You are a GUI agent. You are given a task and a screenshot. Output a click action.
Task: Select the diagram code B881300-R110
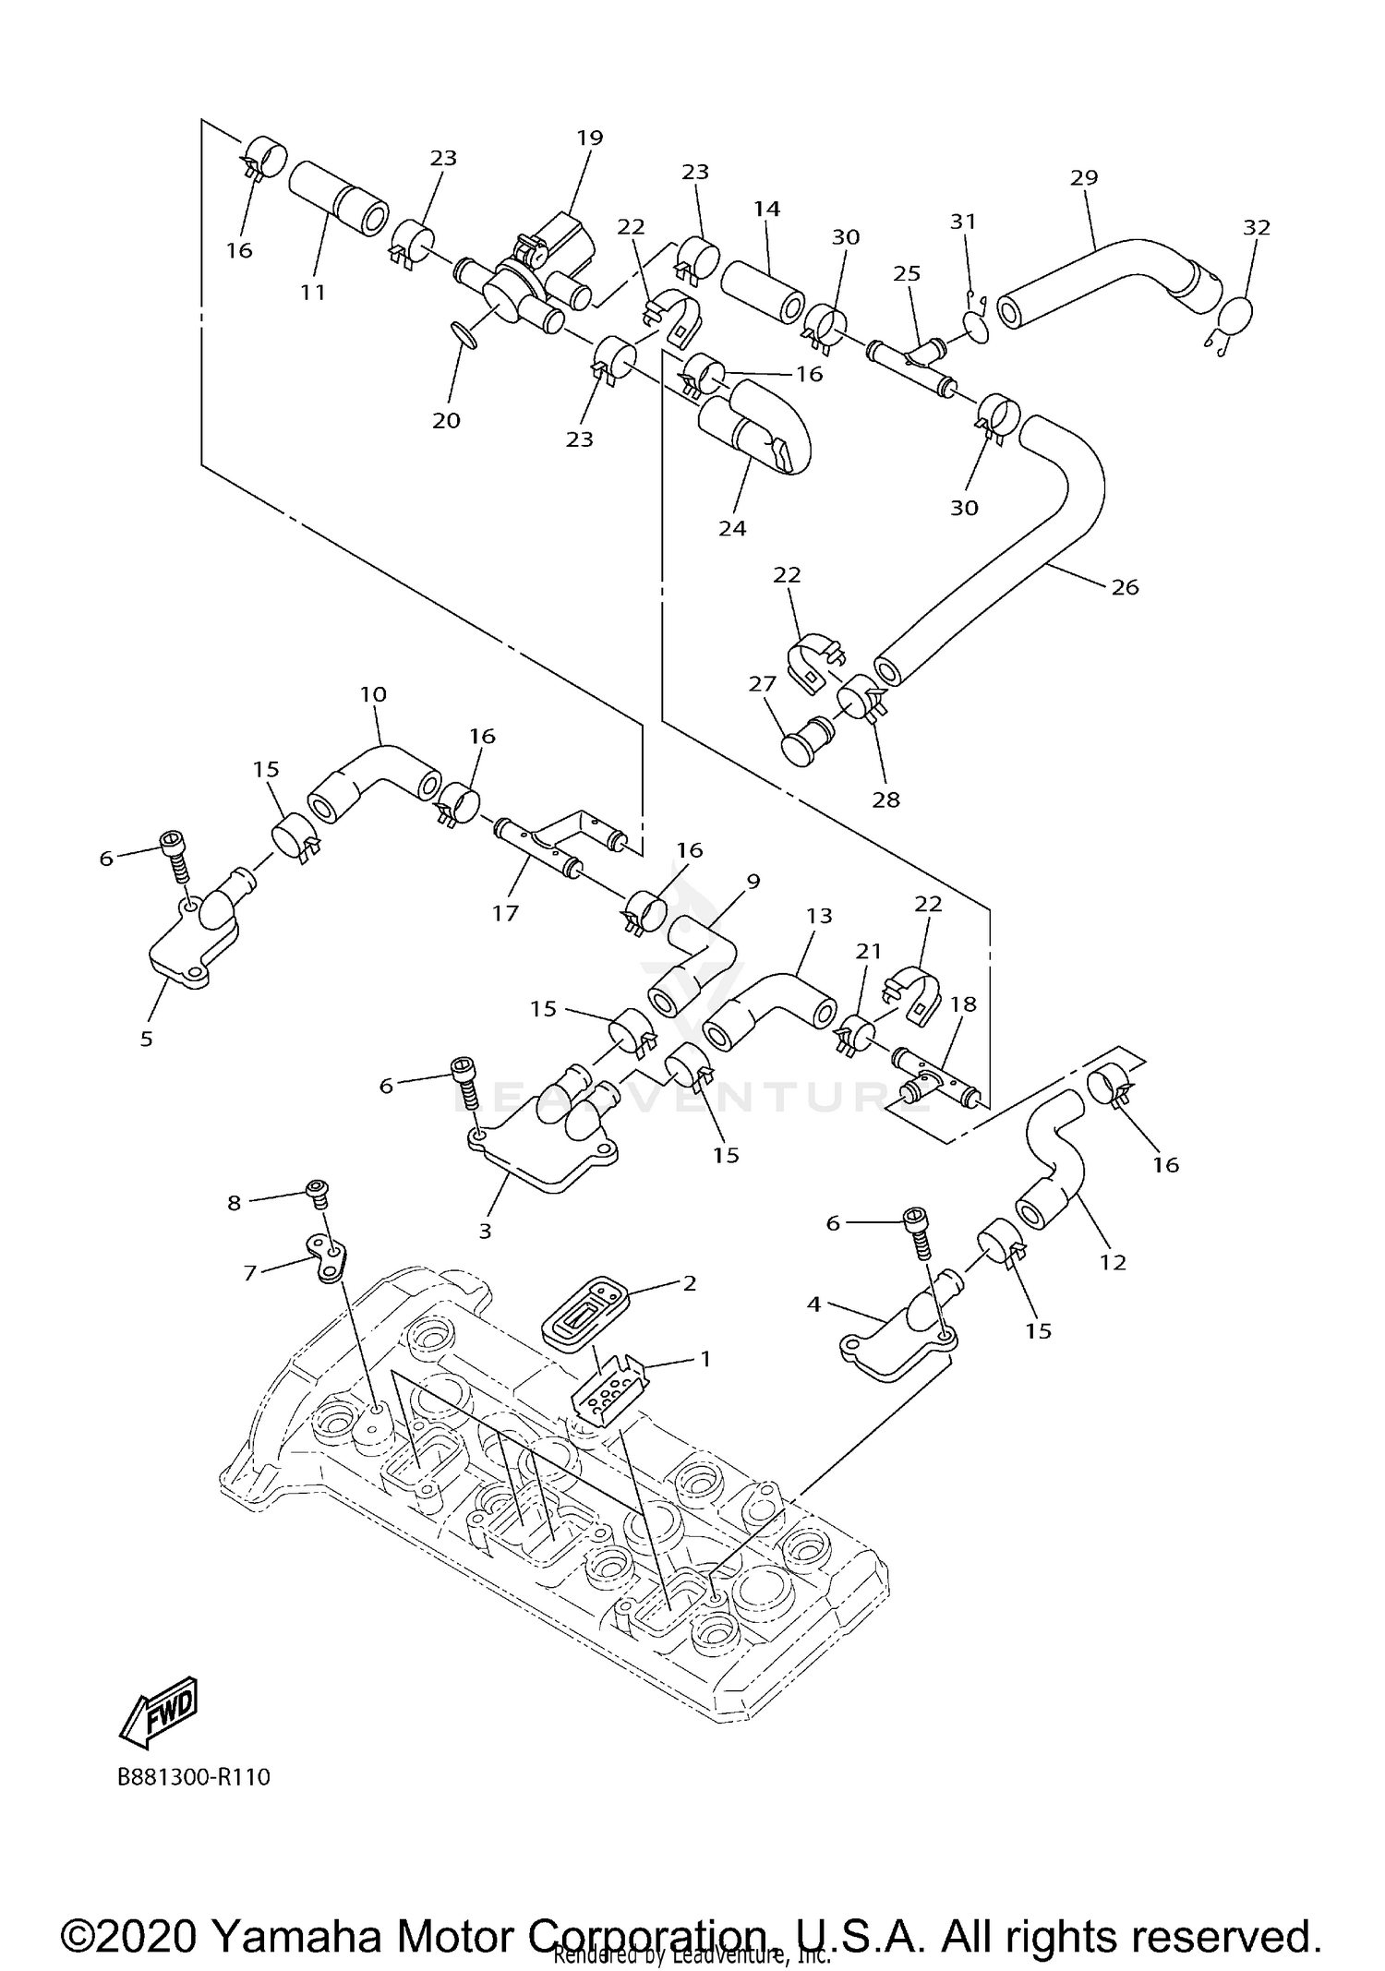[x=194, y=1777]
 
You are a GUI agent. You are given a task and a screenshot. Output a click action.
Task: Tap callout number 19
[x=589, y=138]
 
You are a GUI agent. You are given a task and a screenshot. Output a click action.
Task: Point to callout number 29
[x=1084, y=176]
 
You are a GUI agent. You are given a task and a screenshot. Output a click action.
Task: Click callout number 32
[x=1257, y=227]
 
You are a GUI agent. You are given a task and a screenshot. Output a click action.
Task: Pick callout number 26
[x=1125, y=586]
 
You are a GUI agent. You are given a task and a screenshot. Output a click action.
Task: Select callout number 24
[x=732, y=528]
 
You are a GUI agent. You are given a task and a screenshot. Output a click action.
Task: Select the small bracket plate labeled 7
[x=327, y=1257]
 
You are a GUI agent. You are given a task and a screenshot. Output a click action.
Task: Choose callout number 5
[x=146, y=1039]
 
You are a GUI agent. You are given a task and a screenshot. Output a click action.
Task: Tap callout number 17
[x=505, y=913]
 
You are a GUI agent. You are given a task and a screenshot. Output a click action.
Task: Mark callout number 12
[x=1113, y=1261]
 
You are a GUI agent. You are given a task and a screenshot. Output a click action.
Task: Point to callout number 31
[x=963, y=222]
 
